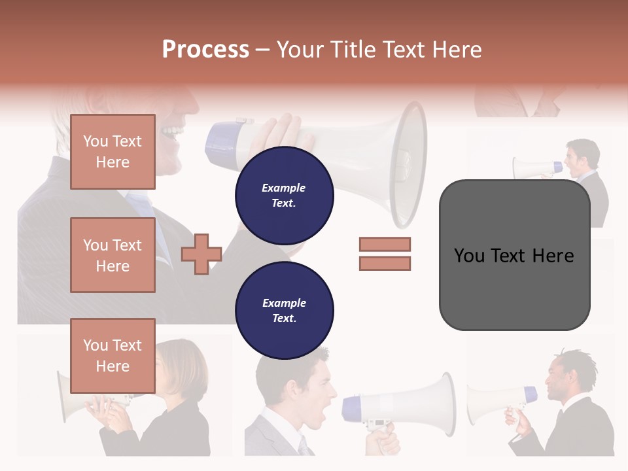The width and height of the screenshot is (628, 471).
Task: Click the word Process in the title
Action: click(205, 50)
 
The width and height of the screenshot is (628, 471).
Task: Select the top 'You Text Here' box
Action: click(113, 152)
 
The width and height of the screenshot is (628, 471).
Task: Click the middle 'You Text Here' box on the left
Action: click(113, 255)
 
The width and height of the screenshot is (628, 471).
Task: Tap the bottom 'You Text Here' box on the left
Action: click(113, 356)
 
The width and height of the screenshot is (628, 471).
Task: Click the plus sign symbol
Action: click(201, 254)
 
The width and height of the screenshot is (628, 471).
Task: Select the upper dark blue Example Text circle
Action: click(285, 196)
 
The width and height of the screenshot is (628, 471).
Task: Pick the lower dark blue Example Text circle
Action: click(285, 311)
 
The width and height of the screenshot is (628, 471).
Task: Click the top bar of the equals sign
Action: click(385, 244)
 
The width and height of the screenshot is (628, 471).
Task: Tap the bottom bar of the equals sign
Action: click(385, 264)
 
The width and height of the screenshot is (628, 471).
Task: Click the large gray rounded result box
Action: click(514, 255)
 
